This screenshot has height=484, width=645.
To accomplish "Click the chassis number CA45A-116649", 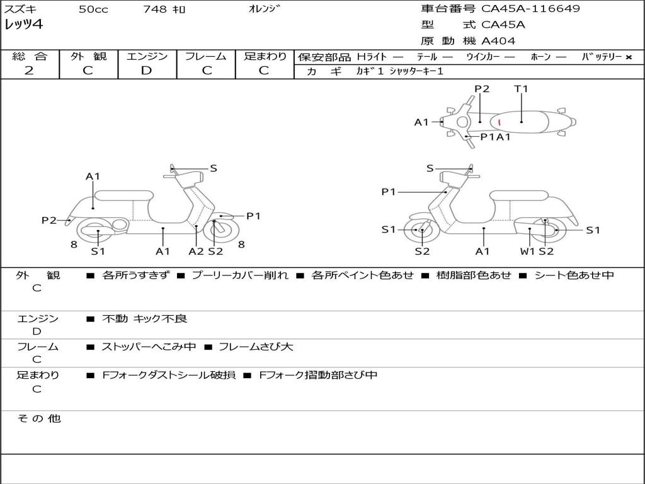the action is [x=530, y=9].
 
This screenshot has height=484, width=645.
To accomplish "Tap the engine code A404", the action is [x=498, y=41].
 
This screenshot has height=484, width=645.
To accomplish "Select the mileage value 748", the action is [x=155, y=9].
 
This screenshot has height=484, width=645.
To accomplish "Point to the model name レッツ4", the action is [x=24, y=25].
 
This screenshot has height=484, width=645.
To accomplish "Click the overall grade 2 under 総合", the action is [x=29, y=71].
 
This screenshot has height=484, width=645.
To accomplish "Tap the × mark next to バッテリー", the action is [x=628, y=57].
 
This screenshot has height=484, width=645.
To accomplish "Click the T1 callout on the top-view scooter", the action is [x=521, y=89].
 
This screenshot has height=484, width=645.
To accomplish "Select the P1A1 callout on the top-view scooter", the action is [x=495, y=136].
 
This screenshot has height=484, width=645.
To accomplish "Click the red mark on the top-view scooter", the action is [x=499, y=122].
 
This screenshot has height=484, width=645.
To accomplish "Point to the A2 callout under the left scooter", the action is [x=197, y=251].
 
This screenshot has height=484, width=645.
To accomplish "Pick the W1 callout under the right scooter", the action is [x=527, y=251].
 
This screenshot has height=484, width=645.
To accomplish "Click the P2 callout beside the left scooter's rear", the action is [x=49, y=220].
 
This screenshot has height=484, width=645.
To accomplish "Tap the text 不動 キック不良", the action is [x=144, y=319].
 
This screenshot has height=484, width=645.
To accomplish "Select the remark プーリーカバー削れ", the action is [x=239, y=275].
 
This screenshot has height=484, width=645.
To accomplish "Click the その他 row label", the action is [x=38, y=418].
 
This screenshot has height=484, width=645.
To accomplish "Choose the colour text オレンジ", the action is [x=265, y=9].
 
